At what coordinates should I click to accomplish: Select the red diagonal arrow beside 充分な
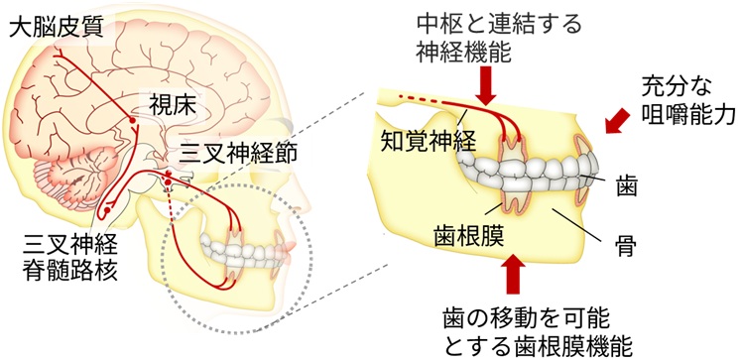tap(617, 120)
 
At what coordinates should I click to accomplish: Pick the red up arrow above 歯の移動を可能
tap(513, 276)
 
